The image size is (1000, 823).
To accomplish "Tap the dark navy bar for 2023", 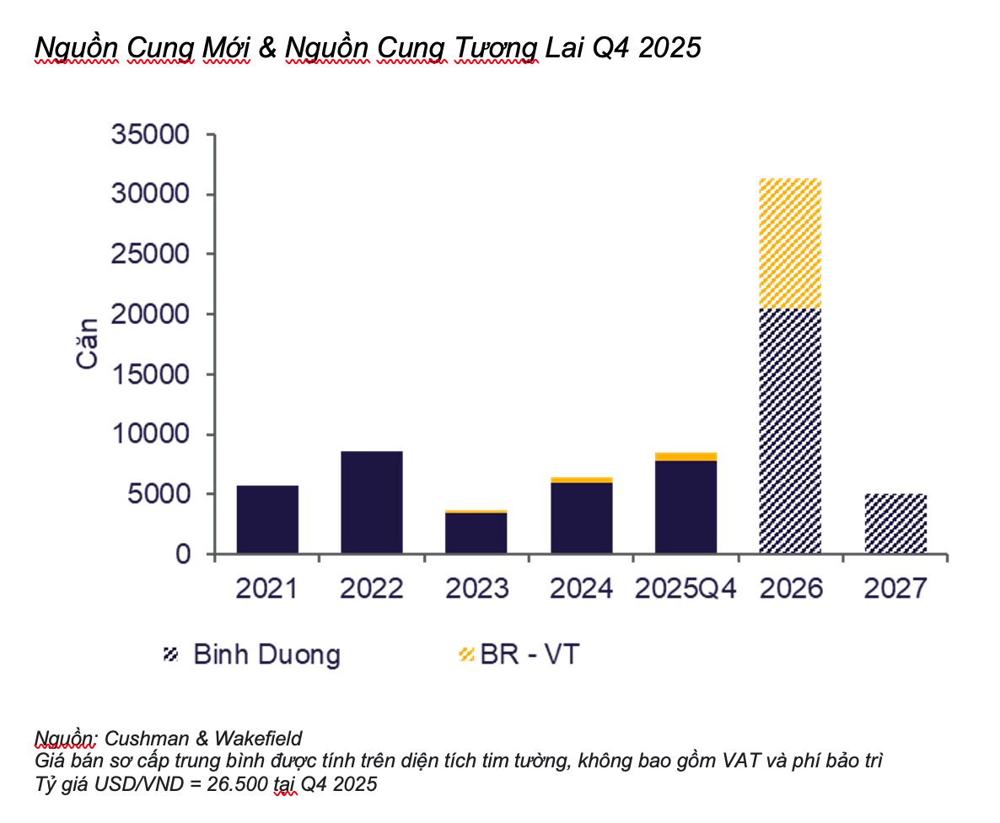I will click(x=476, y=533).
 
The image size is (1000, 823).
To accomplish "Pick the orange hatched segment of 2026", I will click(x=790, y=244).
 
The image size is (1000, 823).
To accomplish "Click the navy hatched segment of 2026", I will click(x=790, y=430).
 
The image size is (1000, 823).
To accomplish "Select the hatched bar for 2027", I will click(x=895, y=524).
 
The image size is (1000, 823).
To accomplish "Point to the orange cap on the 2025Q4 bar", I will click(x=685, y=457).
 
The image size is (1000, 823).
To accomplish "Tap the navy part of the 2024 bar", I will click(x=582, y=518).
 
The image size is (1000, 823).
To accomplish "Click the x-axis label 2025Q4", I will click(x=685, y=588).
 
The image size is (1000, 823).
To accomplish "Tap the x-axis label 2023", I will click(x=476, y=588).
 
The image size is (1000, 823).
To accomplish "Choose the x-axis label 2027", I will click(x=895, y=588).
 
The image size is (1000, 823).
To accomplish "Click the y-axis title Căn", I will click(x=87, y=344).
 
